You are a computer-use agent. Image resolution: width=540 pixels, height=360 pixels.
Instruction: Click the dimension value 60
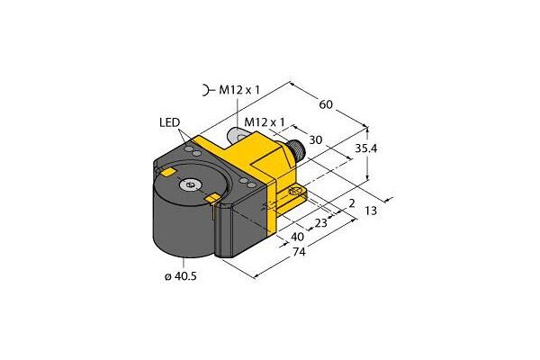click(x=327, y=105)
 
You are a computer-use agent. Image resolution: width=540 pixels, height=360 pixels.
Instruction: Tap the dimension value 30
click(x=316, y=139)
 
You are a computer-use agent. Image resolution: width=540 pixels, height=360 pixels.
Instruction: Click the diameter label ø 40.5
click(x=179, y=275)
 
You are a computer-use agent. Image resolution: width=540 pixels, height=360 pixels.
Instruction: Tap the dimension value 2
click(x=350, y=203)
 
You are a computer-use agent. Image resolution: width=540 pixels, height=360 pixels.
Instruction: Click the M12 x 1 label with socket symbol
click(x=232, y=89)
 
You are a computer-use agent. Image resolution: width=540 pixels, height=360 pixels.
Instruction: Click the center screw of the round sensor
click(x=190, y=185)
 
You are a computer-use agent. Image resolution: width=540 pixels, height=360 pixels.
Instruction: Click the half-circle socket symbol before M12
click(x=207, y=89)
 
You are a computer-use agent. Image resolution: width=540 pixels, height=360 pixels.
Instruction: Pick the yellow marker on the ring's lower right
click(x=214, y=196)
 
